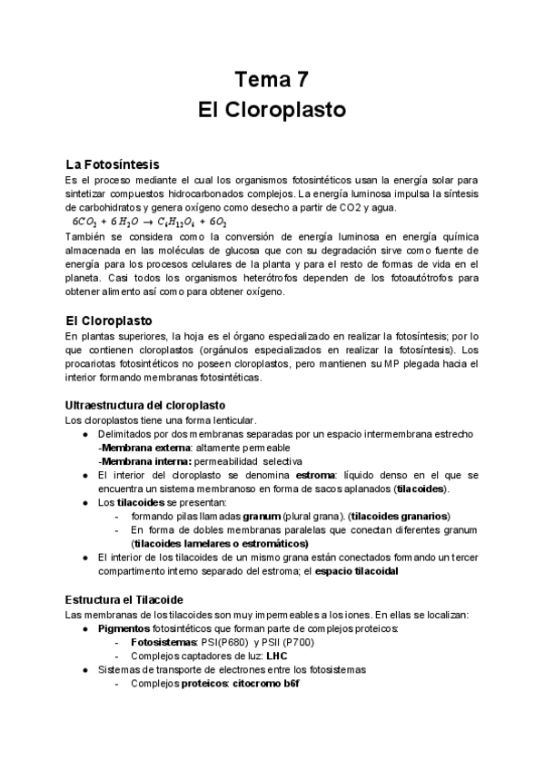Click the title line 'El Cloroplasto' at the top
272,111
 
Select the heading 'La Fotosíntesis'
113,164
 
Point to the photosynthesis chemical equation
150,221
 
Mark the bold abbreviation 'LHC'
277,656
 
